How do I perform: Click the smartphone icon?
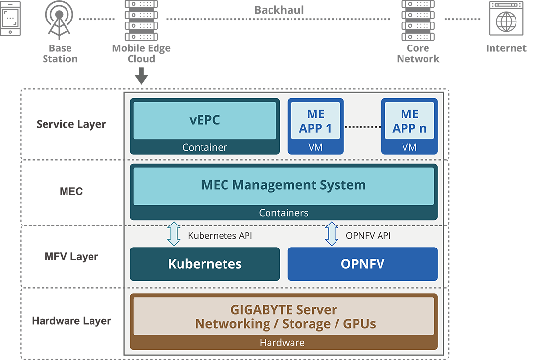click(10, 19)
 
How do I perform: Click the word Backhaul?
click(279, 10)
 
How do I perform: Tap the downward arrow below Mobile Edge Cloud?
click(141, 76)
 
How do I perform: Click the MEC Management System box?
click(283, 186)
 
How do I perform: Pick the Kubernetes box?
click(204, 264)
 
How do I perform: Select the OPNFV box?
click(362, 264)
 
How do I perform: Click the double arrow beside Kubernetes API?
click(174, 234)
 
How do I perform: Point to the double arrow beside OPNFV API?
click(332, 234)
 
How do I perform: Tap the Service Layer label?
click(71, 124)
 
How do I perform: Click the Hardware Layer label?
click(71, 321)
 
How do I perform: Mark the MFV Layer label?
click(71, 256)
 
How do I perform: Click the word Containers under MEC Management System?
click(283, 213)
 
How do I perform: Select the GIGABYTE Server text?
click(283, 310)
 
